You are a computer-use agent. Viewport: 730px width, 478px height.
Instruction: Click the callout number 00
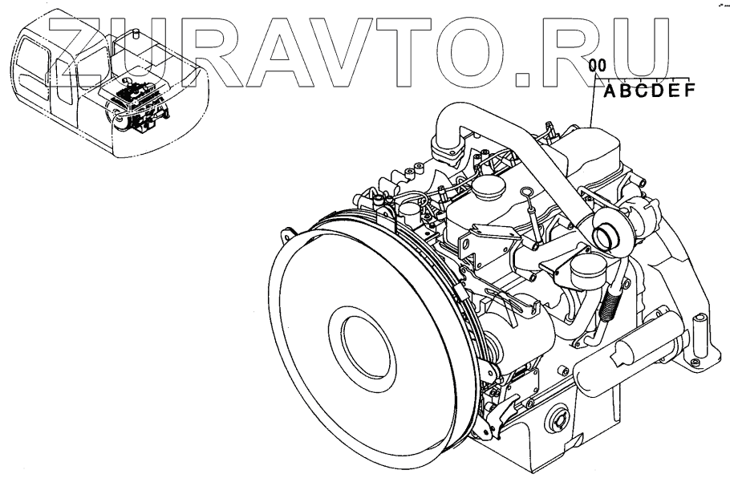598,66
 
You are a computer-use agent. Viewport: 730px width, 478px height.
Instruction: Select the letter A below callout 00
610,91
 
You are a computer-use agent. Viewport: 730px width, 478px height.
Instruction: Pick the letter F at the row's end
690,90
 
